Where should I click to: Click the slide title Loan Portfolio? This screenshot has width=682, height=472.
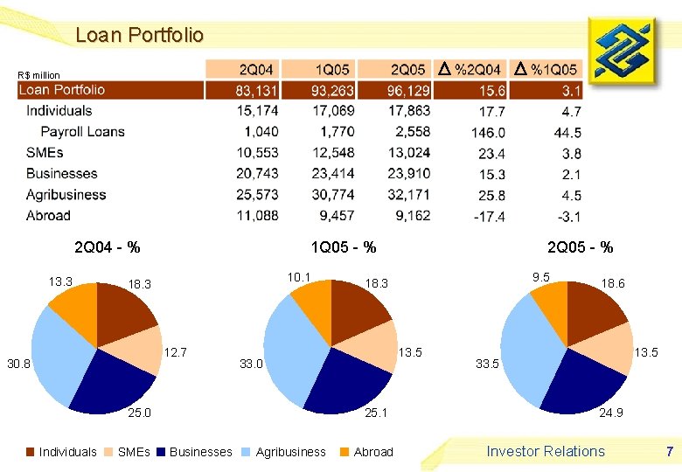[139, 36]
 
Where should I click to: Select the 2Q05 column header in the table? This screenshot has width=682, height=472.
[407, 69]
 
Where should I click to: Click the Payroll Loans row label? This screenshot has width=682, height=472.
[82, 132]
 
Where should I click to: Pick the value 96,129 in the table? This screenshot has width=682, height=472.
[407, 90]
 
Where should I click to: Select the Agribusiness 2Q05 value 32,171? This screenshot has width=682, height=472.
[407, 195]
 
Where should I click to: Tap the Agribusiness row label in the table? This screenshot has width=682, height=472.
[66, 195]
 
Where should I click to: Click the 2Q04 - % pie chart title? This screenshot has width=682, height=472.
[108, 247]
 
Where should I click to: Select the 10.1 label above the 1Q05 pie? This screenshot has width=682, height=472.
[299, 277]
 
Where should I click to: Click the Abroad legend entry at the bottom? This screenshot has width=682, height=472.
[365, 452]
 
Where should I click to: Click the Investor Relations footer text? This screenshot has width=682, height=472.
[546, 451]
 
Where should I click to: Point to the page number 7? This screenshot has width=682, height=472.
[669, 451]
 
